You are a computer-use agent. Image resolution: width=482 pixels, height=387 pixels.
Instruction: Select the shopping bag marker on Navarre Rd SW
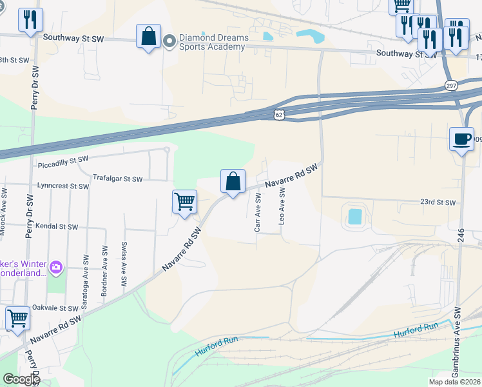coord(233,181)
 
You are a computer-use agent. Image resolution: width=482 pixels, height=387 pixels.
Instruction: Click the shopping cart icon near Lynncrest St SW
coord(184,201)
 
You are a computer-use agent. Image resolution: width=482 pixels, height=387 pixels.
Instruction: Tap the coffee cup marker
coord(461,139)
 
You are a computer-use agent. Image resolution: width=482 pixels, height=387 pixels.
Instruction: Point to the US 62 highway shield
coord(278,114)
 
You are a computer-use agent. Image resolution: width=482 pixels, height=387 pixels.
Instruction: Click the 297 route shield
coord(450,85)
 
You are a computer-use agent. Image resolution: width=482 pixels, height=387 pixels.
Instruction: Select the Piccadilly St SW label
coord(63,159)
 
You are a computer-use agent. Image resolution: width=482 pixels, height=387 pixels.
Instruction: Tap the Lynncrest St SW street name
coord(63,186)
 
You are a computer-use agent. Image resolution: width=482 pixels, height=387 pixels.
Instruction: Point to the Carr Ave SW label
coord(258,217)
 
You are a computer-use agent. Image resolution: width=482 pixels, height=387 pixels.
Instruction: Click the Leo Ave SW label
coord(282,206)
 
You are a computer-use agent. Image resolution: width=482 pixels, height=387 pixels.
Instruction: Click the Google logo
coord(21,379)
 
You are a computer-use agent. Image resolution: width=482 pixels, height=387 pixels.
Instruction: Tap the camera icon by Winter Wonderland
coord(56,266)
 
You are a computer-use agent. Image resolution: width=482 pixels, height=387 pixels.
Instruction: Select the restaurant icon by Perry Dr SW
coord(30,20)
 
